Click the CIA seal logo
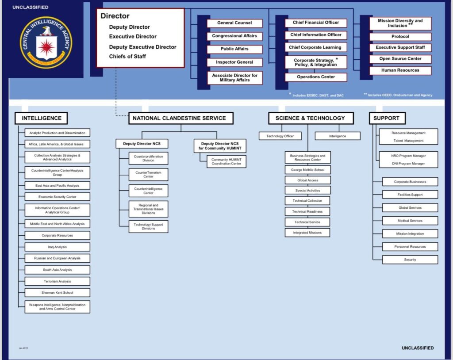click(46, 43)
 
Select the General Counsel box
click(234, 23)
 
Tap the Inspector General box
click(234, 62)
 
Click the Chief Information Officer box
click(316, 35)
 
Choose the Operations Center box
click(316, 77)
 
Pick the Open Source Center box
click(400, 59)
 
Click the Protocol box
click(400, 37)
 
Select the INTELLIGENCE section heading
click(42, 118)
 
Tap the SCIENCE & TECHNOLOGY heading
click(310, 118)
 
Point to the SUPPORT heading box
click(386, 118)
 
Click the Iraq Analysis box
click(57, 247)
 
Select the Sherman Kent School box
click(57, 293)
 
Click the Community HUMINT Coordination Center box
click(226, 161)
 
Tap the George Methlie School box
click(307, 170)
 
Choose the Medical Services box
click(410, 221)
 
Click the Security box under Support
click(410, 260)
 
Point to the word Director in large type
click(115, 16)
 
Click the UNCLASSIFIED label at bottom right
click(418, 348)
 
